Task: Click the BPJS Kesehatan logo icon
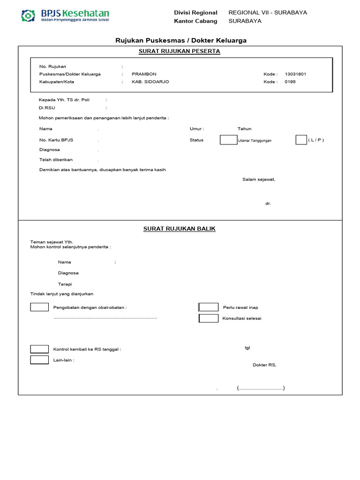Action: [29, 16]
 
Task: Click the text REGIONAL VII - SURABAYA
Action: [268, 13]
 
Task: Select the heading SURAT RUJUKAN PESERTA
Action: [180, 51]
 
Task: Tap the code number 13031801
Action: [295, 74]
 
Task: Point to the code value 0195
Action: [290, 82]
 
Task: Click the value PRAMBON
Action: [144, 74]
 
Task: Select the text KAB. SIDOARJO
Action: [150, 82]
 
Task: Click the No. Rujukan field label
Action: [52, 67]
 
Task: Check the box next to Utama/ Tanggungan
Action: [228, 140]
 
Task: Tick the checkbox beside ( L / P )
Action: [301, 140]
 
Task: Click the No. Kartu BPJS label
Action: [56, 140]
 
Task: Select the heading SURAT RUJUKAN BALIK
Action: [179, 229]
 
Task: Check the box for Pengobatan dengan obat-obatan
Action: [39, 307]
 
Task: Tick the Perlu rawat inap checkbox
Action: [209, 307]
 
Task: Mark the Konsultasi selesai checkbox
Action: [209, 318]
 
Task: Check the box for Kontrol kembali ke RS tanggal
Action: [39, 349]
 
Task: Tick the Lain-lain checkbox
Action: [39, 360]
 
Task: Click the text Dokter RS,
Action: [264, 365]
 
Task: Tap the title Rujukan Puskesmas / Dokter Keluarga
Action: [181, 41]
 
